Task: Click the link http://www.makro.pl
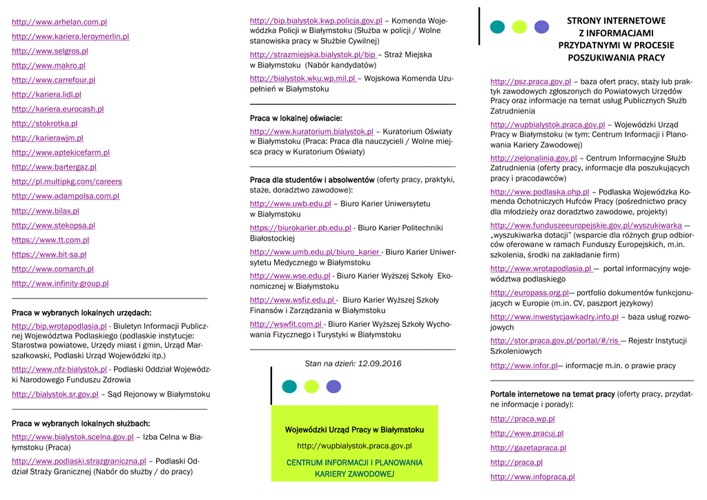coord(48,66)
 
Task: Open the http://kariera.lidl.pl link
coord(46,94)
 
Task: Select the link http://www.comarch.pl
coord(52,269)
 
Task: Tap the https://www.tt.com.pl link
coord(50,240)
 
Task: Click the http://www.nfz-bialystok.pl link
coord(59,370)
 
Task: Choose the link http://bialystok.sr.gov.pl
coord(55,394)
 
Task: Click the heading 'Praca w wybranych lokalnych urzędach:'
coord(81,312)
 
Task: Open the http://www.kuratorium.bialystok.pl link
coord(311,132)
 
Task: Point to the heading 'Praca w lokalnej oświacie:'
coord(296,118)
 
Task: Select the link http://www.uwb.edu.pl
coord(290,203)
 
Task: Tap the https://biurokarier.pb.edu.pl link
coord(300,228)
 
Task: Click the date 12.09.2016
coord(379,363)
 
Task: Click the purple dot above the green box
coord(333,386)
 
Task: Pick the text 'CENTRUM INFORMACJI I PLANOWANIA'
coord(354,462)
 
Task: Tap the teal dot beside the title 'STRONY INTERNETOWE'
coord(497,27)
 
